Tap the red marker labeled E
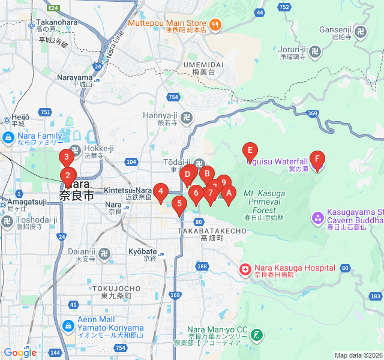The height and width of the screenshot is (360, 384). [250, 151]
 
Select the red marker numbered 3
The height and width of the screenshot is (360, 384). [67, 158]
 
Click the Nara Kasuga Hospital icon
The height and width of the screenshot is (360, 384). [245, 270]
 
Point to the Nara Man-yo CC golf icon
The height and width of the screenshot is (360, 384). [257, 334]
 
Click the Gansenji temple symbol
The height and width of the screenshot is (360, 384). [361, 31]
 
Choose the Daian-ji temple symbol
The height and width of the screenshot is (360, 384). [105, 254]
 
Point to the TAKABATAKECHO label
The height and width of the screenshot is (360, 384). [212, 230]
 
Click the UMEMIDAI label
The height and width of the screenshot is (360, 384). [203, 64]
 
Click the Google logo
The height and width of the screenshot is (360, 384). [20, 353]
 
